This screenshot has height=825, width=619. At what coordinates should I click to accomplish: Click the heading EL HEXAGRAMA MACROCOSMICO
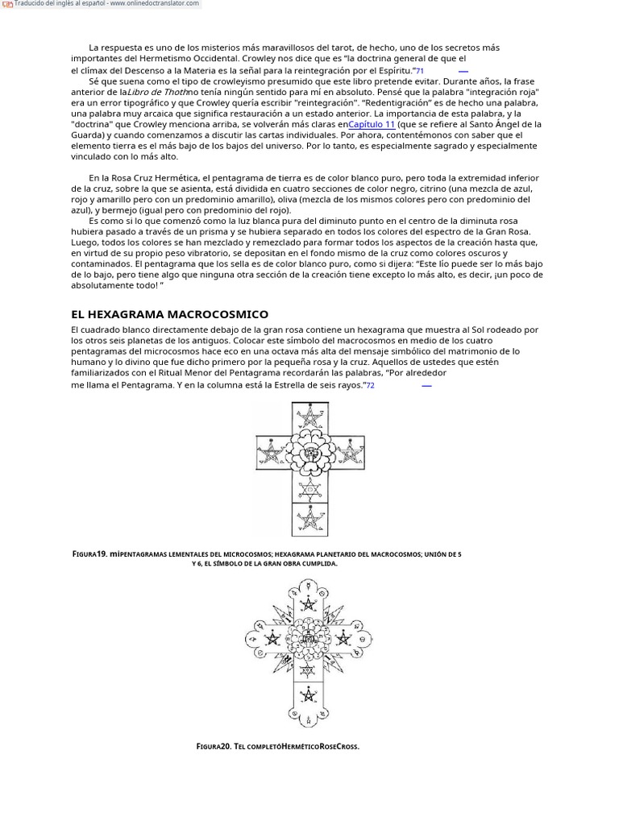169,314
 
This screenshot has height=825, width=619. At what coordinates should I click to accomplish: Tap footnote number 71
419,71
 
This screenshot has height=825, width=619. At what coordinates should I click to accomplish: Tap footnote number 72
370,386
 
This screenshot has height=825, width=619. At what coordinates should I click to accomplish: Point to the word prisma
218,231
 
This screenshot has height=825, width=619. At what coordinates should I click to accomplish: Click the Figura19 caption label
90,554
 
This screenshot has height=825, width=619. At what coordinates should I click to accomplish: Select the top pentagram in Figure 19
310,417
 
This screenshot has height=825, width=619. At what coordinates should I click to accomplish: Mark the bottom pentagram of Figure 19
310,520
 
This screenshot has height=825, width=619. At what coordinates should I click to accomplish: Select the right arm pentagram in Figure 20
343,640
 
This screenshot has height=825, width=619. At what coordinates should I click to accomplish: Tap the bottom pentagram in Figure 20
308,695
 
